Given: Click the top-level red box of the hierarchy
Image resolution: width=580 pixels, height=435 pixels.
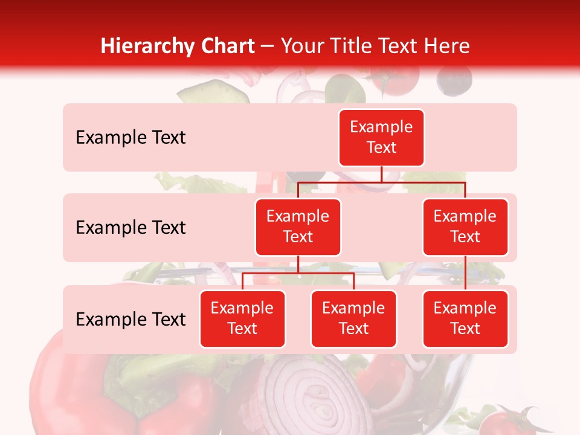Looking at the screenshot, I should point(381,137).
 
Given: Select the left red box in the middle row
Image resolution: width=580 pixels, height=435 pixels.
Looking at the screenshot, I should point(298,227).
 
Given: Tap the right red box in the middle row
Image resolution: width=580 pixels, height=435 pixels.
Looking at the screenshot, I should point(465,227).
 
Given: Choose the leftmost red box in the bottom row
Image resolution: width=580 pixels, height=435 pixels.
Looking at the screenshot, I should point(242,318).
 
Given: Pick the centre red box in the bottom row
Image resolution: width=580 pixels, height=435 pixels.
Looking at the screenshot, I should point(353,318).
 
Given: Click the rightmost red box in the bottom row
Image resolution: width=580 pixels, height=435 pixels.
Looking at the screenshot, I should point(465,318).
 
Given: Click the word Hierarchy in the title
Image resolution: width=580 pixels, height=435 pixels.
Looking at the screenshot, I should point(147,46).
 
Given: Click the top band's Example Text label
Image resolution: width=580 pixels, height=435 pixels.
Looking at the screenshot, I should point(130,138).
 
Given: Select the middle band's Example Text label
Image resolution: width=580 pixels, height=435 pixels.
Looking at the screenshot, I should point(130,228).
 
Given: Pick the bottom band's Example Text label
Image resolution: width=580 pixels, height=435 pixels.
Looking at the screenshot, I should point(130,319).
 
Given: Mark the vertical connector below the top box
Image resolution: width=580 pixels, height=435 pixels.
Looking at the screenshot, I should point(381,174).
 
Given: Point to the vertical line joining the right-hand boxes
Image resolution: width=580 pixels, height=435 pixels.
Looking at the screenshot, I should point(465,272).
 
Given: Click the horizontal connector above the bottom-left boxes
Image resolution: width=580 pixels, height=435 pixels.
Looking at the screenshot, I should point(298,273).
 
